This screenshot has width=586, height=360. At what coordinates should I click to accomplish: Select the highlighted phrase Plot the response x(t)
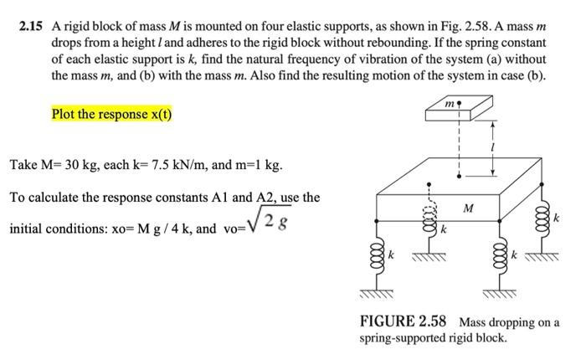[x=111, y=114]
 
